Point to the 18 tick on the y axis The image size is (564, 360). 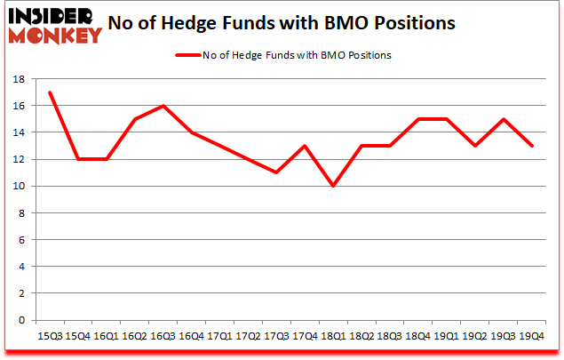point(20,79)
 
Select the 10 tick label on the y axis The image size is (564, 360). point(20,187)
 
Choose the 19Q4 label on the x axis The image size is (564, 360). point(532,337)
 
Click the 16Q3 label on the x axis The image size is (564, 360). point(163,337)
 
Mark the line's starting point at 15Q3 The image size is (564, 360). point(49,92)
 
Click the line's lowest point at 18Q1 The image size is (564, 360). point(333,186)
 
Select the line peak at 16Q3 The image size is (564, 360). point(163,106)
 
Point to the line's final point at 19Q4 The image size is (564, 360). point(532,146)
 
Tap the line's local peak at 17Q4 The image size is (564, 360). point(305,146)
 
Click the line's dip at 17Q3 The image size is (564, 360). point(276,172)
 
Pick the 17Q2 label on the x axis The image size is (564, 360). point(248,337)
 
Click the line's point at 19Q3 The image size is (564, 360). point(504,119)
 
